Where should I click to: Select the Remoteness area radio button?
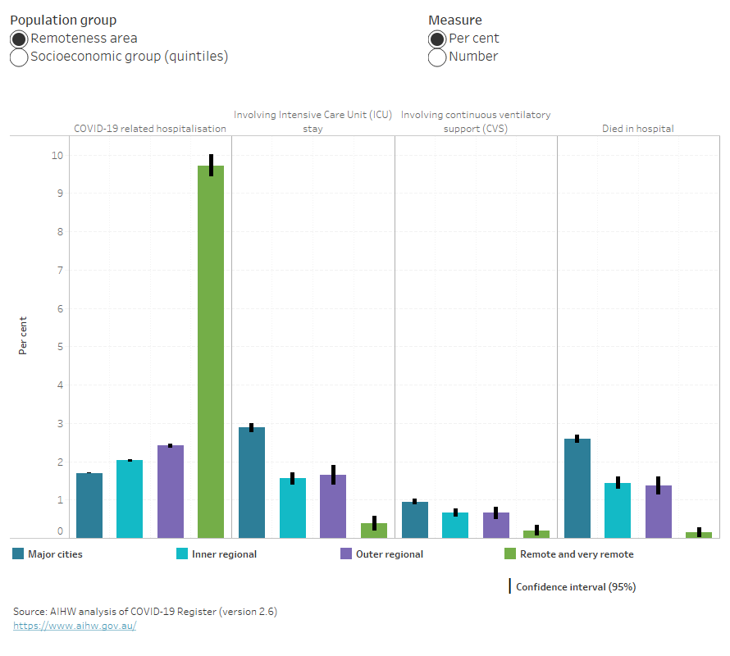(19, 39)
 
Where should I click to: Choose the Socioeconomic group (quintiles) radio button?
(19, 57)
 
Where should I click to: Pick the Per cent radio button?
(437, 39)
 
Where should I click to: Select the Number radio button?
(437, 57)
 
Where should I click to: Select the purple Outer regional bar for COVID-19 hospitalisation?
(170, 491)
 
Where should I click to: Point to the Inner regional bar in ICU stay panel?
(292, 508)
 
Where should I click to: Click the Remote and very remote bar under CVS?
(536, 534)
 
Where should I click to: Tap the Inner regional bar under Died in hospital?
(618, 510)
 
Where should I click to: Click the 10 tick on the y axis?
(57, 155)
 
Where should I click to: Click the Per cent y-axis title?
(23, 335)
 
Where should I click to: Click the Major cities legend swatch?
(18, 554)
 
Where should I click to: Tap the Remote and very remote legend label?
(577, 554)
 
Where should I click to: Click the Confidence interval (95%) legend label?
(576, 587)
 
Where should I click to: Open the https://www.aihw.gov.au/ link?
(75, 626)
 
